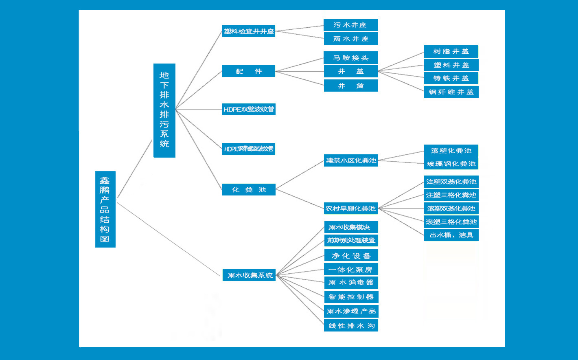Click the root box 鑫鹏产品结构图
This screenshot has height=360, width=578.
105,209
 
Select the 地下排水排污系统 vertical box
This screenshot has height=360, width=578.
164,110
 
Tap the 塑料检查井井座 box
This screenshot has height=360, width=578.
249,31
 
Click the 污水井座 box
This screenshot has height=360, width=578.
350,25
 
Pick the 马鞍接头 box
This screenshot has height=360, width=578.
350,58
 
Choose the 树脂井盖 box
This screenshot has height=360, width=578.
451,51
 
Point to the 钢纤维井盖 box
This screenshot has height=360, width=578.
451,92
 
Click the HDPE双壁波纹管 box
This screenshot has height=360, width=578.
249,110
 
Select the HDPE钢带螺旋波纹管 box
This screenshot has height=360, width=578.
249,149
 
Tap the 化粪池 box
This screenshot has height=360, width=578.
249,190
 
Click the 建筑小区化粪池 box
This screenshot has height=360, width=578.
351,160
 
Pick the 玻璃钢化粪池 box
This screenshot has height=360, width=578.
451,164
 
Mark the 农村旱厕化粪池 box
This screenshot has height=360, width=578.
351,209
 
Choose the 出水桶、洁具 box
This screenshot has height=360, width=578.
451,235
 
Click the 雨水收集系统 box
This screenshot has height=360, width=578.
250,275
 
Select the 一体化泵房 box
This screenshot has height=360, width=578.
351,269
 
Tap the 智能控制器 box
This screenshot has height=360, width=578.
351,297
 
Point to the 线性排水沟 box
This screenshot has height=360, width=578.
351,325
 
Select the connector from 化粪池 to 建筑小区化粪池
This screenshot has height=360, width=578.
300,174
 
